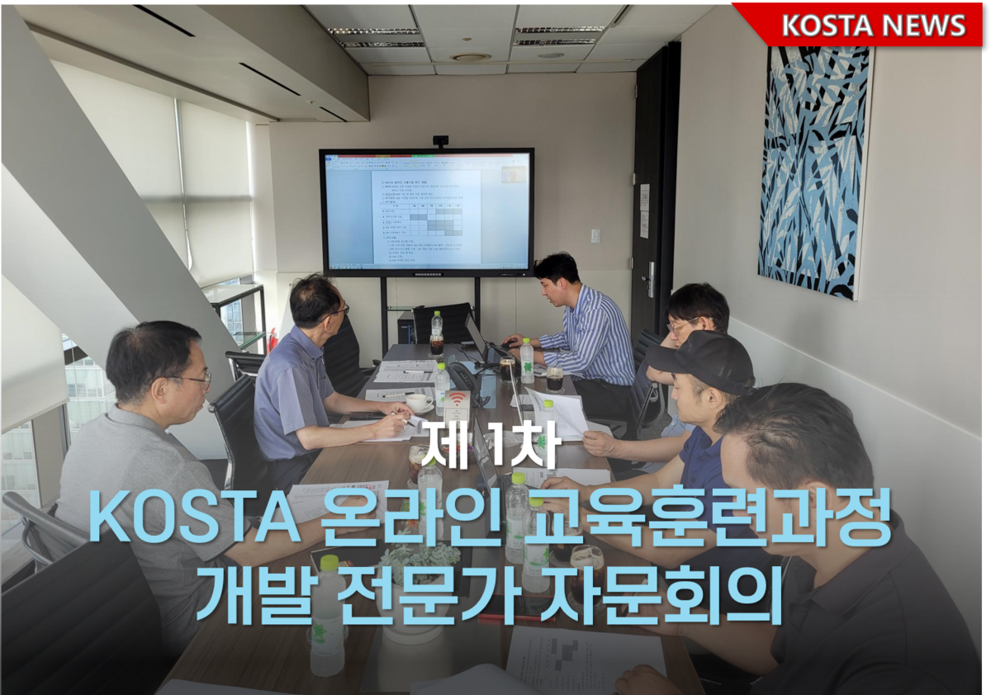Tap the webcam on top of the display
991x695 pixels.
pyautogui.click(x=440, y=141)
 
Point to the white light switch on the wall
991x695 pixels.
pyautogui.click(x=595, y=235)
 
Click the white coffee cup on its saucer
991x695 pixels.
pyautogui.click(x=419, y=402)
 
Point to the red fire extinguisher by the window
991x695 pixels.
pyautogui.click(x=273, y=338)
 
